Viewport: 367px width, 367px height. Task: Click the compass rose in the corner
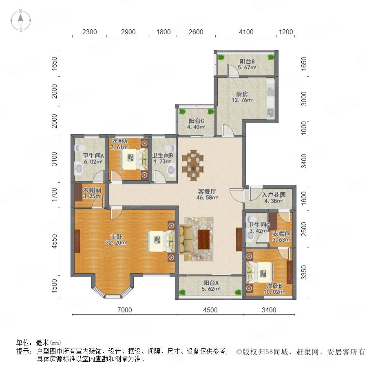(x=21, y=21)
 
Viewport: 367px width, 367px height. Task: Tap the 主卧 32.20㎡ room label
(x=116, y=239)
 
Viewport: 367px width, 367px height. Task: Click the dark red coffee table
(x=204, y=239)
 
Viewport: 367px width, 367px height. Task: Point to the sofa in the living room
(x=186, y=239)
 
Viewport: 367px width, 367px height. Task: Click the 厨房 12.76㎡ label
(x=242, y=97)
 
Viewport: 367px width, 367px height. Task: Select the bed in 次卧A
(x=134, y=159)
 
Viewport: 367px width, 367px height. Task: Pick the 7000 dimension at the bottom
(x=124, y=310)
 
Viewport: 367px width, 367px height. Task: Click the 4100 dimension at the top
(x=246, y=32)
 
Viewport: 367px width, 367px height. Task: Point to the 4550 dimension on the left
(x=54, y=241)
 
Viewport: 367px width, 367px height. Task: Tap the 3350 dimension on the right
(x=304, y=272)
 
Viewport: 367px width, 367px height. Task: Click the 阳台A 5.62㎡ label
(x=211, y=286)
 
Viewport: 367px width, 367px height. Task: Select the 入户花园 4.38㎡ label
(x=274, y=198)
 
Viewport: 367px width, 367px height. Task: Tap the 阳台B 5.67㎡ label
(x=247, y=64)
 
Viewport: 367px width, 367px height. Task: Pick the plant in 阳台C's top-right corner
(x=210, y=111)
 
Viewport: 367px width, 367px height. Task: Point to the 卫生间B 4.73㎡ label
(x=162, y=158)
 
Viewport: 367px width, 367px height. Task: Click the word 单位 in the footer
(x=23, y=343)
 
